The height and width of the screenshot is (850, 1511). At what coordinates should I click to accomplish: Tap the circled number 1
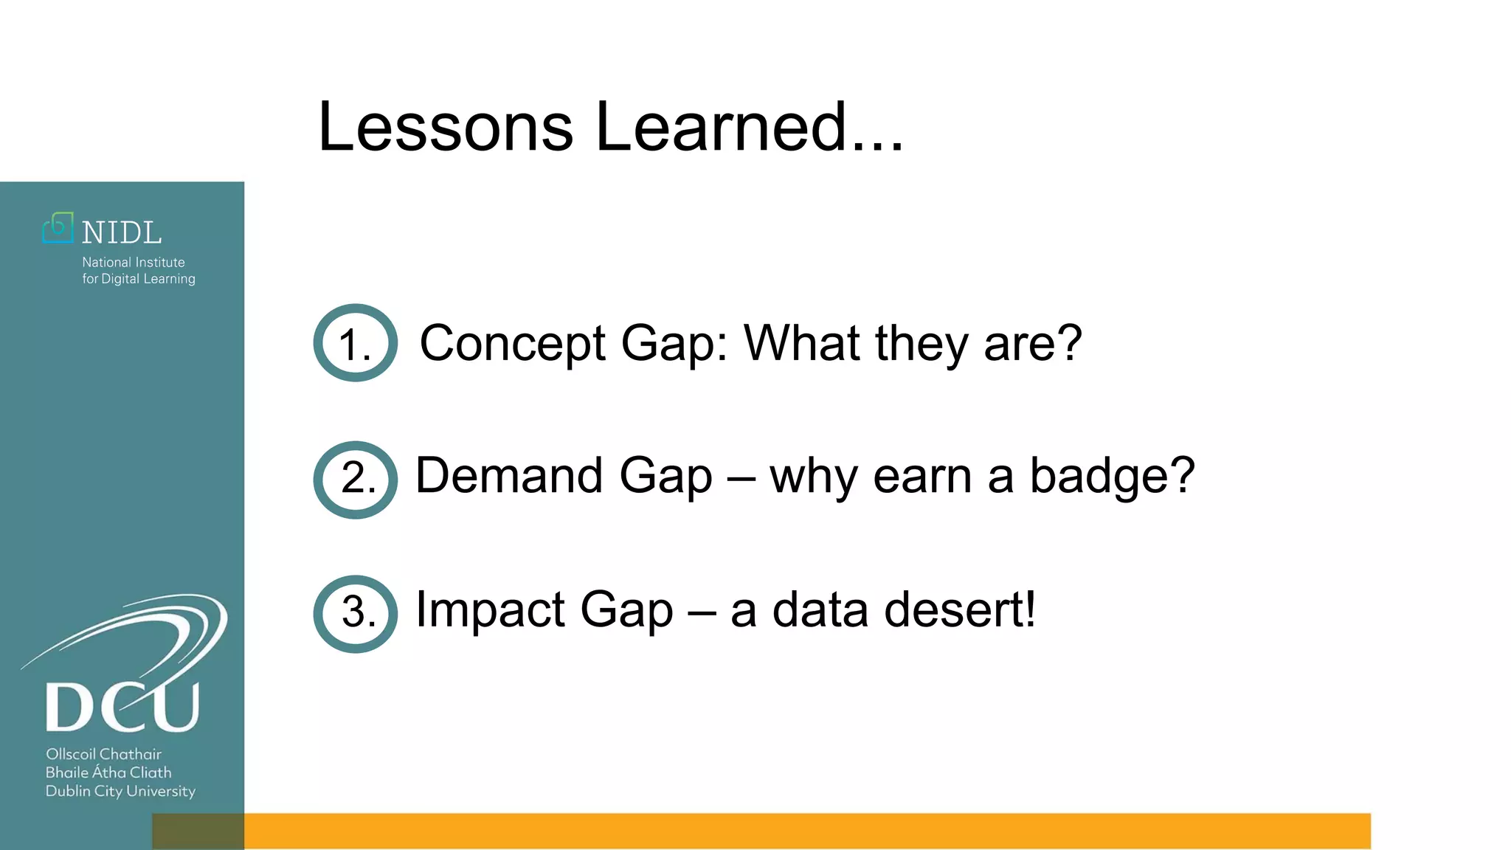click(355, 343)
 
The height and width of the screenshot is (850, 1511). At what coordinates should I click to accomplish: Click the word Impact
click(489, 610)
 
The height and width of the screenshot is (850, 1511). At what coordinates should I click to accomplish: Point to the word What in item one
click(801, 343)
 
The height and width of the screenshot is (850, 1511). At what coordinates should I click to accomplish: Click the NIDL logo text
click(122, 233)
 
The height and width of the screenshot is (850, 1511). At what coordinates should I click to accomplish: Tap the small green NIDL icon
click(58, 228)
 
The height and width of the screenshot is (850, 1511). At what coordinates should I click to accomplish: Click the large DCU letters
click(122, 707)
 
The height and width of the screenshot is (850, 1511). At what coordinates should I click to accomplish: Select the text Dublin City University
click(120, 791)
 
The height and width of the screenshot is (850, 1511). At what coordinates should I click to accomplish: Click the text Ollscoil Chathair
click(103, 754)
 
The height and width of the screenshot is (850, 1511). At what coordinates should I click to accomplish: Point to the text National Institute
click(134, 262)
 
